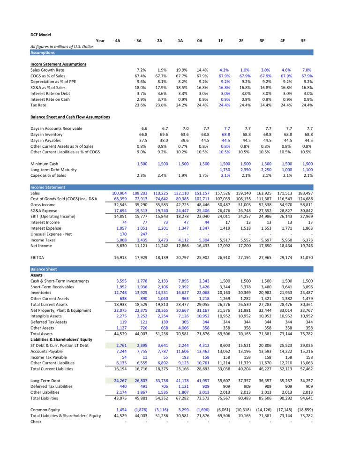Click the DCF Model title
(x=40, y=34)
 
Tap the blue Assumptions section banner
(x=43, y=53)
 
